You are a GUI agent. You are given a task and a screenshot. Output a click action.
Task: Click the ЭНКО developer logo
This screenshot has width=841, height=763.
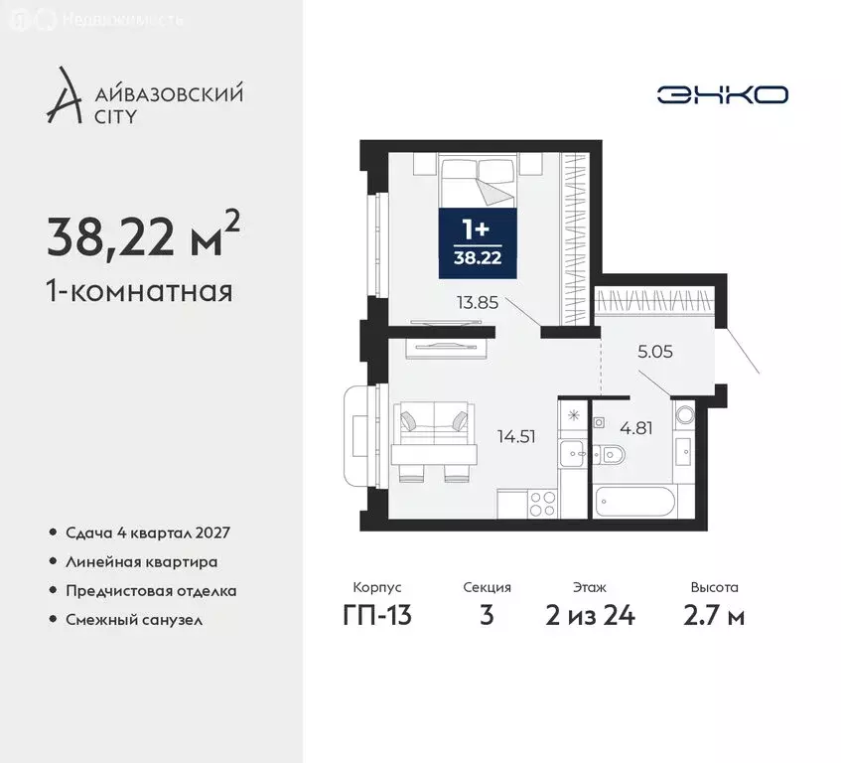pyautogui.click(x=722, y=94)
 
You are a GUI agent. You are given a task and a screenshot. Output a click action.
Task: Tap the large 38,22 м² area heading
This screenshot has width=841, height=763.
pyautogui.click(x=143, y=236)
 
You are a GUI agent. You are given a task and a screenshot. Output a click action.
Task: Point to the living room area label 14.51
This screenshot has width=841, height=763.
pyautogui.click(x=516, y=434)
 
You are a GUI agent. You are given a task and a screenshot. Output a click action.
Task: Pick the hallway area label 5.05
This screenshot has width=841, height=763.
pyautogui.click(x=655, y=350)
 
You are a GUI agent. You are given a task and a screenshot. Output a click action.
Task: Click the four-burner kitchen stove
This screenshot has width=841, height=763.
pyautogui.click(x=541, y=503)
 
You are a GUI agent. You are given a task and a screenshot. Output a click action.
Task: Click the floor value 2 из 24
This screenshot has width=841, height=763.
pyautogui.click(x=589, y=616)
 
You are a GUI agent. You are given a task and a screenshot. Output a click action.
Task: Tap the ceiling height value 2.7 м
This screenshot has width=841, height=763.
pyautogui.click(x=715, y=616)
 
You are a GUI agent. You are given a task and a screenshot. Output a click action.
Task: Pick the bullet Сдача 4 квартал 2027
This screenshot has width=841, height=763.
pyautogui.click(x=147, y=534)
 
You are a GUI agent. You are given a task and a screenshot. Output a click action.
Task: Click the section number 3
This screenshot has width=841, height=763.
pyautogui.click(x=487, y=616)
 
